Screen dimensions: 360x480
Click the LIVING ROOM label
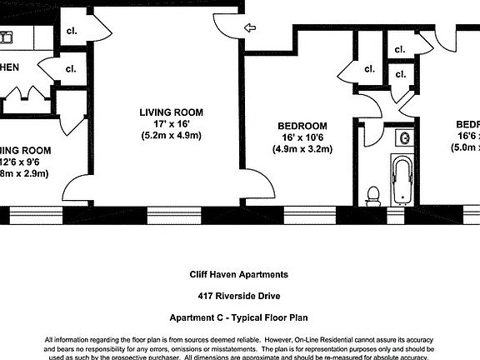(x=170, y=112)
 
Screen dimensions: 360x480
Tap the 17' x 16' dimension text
(x=170, y=123)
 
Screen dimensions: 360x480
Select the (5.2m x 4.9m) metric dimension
(x=170, y=135)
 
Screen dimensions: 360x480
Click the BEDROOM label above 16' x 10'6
(x=302, y=126)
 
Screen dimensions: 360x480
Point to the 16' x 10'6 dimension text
(x=302, y=137)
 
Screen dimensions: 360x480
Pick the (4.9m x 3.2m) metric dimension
(x=302, y=150)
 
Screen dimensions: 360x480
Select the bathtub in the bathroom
(x=402, y=180)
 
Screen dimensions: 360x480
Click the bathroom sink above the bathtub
(x=405, y=137)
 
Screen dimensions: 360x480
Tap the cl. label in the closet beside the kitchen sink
(x=71, y=32)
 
